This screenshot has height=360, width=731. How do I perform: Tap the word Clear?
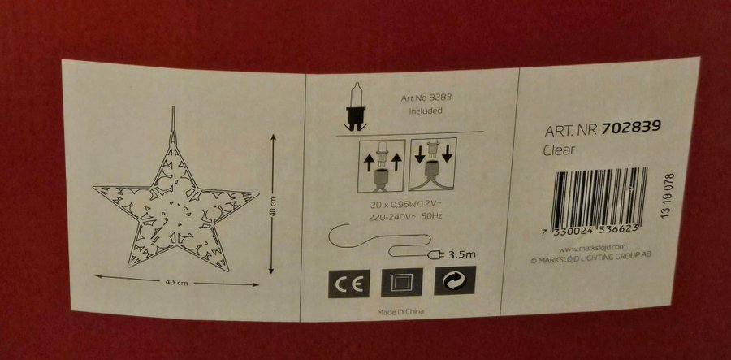tap(560, 150)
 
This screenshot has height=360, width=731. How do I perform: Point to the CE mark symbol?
tap(348, 284)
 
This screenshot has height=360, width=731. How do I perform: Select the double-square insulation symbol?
tap(401, 283)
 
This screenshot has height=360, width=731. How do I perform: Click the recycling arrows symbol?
tap(455, 280)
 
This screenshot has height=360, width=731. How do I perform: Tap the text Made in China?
tap(400, 312)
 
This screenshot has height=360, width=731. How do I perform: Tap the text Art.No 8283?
tap(426, 98)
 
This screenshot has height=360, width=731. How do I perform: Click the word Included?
tap(426, 111)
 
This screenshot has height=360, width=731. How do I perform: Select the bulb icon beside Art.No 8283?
tap(355, 106)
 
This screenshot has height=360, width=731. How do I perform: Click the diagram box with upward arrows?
tap(382, 166)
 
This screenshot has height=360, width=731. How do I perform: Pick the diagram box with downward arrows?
tap(433, 164)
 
